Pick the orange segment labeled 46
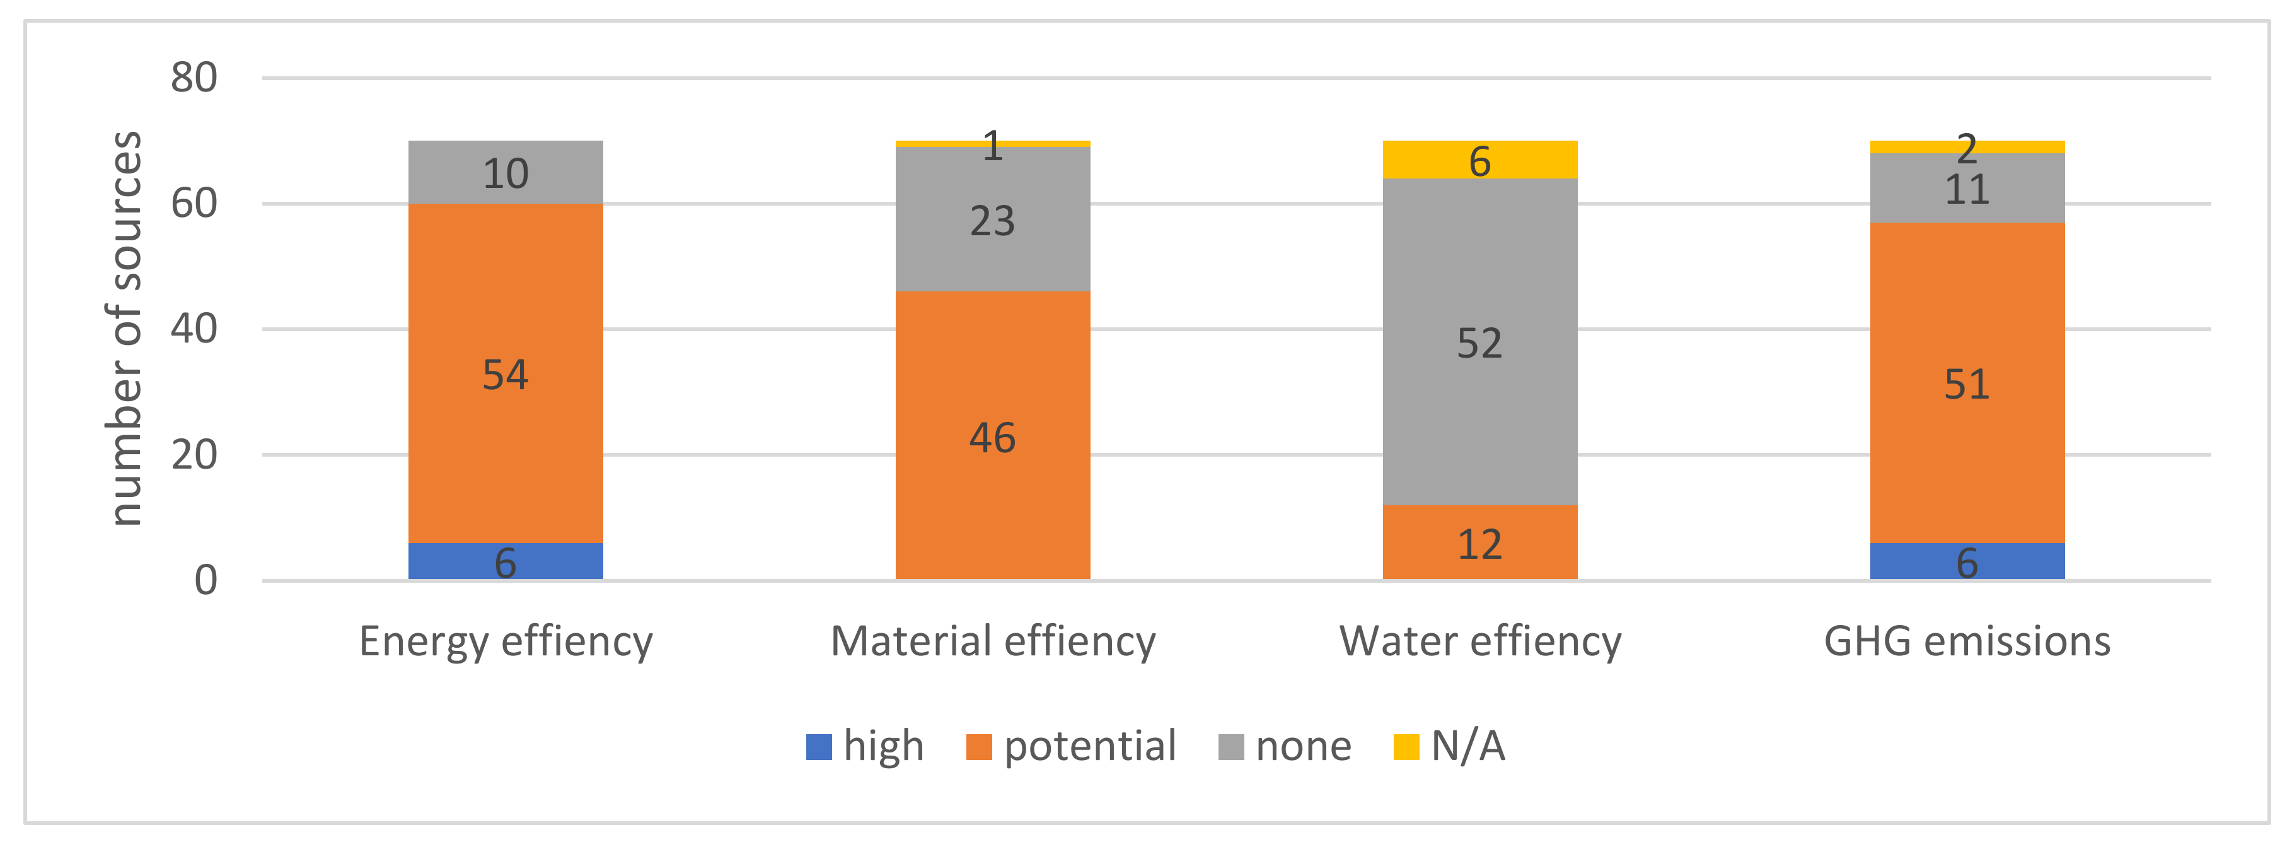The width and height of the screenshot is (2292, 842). [x=992, y=435]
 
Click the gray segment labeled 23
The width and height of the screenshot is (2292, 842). [x=992, y=220]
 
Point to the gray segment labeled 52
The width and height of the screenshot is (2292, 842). [x=1479, y=342]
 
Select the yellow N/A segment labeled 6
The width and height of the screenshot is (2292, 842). [x=1479, y=160]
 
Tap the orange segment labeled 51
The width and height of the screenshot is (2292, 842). [x=1966, y=383]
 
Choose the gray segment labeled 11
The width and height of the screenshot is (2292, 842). [x=1966, y=188]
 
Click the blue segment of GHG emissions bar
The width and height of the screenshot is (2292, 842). [x=1966, y=561]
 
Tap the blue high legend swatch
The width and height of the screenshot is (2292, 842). [x=819, y=746]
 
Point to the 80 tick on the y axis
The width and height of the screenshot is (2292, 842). [x=194, y=78]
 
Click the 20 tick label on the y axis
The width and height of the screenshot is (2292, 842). [x=194, y=455]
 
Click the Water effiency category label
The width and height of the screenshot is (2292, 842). [x=1479, y=641]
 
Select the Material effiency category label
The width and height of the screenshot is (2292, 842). [x=992, y=641]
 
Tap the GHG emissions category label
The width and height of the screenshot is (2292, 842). [x=1966, y=641]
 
